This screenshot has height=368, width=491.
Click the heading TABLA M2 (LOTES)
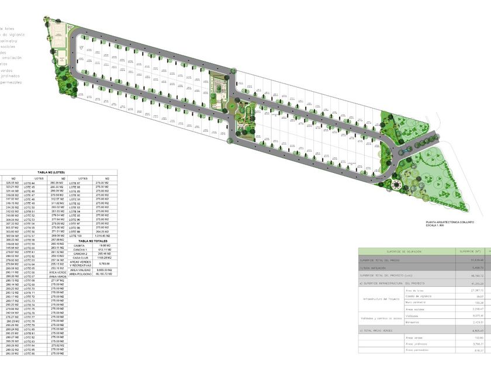tap(58, 173)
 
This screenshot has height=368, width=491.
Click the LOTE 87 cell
tap(82, 183)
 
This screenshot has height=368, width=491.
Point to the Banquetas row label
tap(413, 322)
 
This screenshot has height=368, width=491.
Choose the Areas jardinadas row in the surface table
tap(418, 344)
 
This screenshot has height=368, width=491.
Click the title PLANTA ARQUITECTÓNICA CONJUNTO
tap(450, 223)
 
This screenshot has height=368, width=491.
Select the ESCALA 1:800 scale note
tap(437, 226)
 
